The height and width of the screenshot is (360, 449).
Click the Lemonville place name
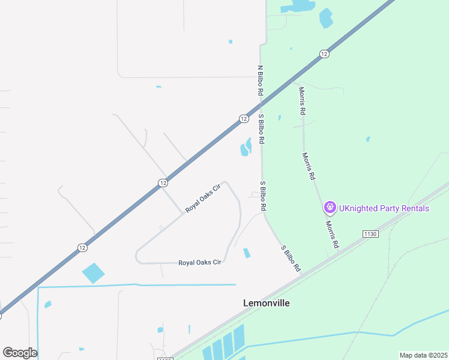pos(266,303)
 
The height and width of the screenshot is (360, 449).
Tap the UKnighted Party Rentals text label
pos(384,208)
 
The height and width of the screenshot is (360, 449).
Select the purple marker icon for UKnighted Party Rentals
pos(330,208)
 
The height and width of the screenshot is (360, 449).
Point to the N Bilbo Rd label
pos(261,81)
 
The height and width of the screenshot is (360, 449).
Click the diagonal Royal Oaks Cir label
pos(203,199)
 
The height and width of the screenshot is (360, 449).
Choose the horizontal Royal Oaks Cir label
pos(200,263)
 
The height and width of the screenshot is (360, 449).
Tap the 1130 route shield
pos(370,233)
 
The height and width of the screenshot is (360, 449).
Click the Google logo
pos(20,353)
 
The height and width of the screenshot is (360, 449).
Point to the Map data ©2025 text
pos(423,355)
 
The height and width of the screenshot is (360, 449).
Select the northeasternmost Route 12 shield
pos(324,54)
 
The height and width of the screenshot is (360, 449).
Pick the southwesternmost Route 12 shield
pos(82,247)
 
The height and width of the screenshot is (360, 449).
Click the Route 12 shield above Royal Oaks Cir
pos(163,182)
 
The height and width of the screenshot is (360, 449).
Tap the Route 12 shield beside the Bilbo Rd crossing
pos(243,119)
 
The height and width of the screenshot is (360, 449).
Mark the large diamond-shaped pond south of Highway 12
pos(93,273)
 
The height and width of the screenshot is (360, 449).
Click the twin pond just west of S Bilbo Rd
pos(246,147)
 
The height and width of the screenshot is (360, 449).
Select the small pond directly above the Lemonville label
pos(246,253)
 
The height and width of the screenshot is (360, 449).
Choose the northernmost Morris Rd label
pos(303,101)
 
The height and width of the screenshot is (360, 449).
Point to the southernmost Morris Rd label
pos(333,234)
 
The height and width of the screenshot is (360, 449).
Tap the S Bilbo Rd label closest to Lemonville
pos(291,259)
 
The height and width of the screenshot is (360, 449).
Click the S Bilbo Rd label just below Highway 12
pos(262,128)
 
